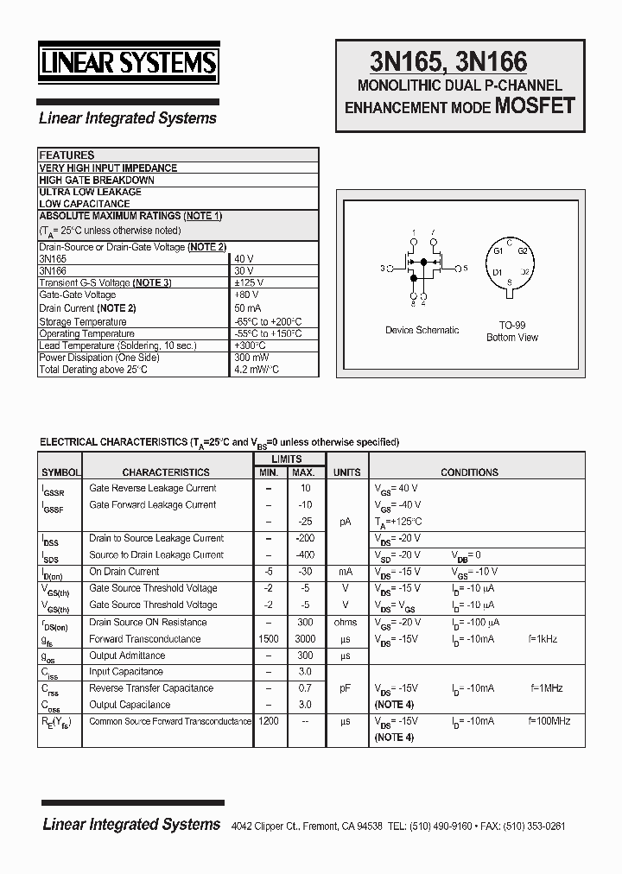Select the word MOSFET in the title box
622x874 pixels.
pos(533,106)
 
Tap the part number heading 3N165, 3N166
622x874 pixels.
pos(448,62)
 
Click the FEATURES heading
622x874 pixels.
pos(67,155)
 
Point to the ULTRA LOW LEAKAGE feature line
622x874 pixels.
pos(90,192)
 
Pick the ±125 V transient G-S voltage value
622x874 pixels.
pos(249,283)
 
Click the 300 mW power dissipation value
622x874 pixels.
pos(251,358)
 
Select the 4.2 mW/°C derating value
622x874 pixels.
pos(257,370)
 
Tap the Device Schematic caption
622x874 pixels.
pos(422,330)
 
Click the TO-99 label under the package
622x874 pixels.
pos(511,326)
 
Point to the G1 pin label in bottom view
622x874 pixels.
pos(498,250)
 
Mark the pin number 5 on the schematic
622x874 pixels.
pos(466,268)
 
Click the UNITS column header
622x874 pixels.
pos(346,472)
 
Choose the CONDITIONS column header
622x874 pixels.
pos(469,472)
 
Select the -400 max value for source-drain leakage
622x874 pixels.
pos(303,555)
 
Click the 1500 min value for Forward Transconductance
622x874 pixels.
pos(269,639)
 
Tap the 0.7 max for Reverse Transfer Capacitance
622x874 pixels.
pos(304,688)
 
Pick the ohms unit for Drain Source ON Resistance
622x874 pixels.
pos(346,623)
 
